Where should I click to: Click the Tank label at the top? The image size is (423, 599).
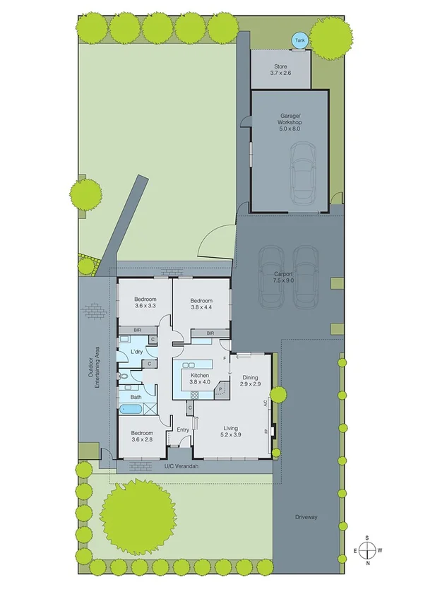(x=300, y=40)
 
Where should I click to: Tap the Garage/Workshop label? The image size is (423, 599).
(x=289, y=124)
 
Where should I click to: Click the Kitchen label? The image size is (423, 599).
(x=198, y=378)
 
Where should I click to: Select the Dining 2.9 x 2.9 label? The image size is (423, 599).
(x=251, y=380)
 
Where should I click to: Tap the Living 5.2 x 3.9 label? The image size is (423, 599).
(x=230, y=432)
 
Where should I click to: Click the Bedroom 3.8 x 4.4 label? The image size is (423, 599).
(x=201, y=304)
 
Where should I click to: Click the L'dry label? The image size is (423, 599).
(x=137, y=351)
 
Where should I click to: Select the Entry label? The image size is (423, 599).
(x=183, y=429)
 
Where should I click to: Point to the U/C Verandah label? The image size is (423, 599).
(x=178, y=467)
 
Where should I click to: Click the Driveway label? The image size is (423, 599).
(x=306, y=518)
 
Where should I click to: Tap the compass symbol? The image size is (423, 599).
(x=367, y=550)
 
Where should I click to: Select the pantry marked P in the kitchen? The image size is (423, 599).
(x=220, y=389)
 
